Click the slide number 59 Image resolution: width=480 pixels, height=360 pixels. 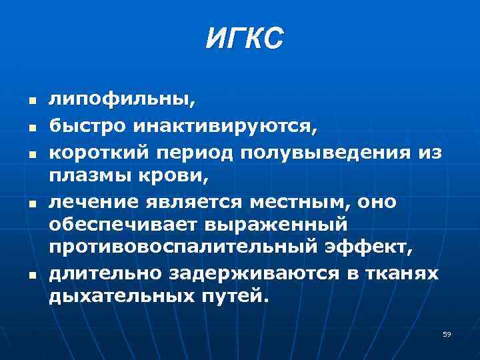coord(447,334)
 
